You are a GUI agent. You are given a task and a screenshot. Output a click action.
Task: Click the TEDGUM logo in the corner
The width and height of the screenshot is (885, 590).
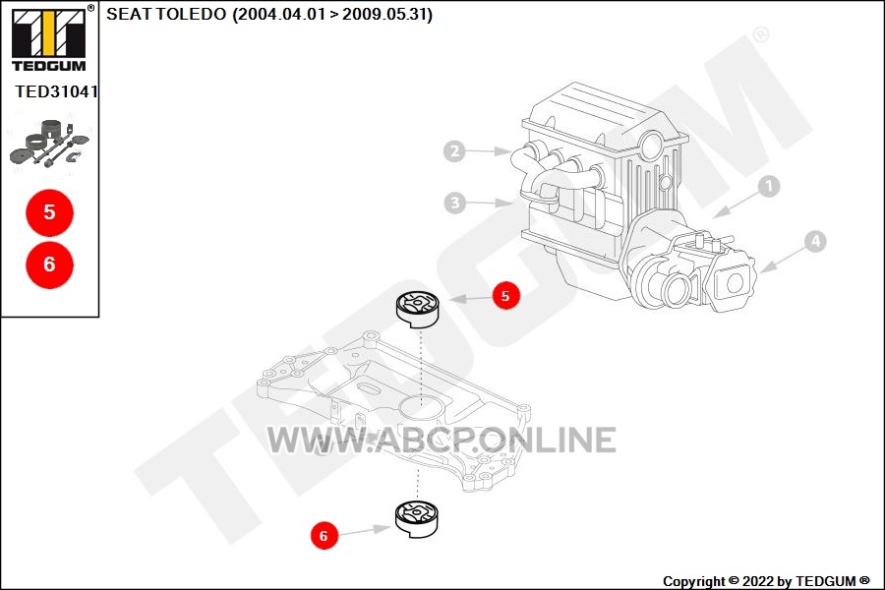pos(49,38)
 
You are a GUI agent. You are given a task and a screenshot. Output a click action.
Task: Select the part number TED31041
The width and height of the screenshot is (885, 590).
pos(56,91)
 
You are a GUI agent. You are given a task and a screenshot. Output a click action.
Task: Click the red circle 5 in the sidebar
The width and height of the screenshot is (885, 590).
pos(50,212)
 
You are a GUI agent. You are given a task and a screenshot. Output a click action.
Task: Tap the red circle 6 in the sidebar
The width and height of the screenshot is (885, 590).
pos(50,265)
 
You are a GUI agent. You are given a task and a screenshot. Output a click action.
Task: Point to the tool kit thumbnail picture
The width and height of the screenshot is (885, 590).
pos(50,144)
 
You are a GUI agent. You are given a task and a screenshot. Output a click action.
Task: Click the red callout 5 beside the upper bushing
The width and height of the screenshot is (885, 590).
pos(505,295)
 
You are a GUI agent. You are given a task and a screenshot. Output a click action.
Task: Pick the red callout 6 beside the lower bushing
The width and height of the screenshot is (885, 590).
pos(324,535)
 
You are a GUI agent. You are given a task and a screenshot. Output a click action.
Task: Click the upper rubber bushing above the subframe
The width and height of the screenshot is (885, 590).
pos(418,310)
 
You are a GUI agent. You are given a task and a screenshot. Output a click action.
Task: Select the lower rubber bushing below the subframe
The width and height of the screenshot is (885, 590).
pos(417,519)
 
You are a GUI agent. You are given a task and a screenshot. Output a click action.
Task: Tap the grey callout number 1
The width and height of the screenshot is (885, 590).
pos(769,186)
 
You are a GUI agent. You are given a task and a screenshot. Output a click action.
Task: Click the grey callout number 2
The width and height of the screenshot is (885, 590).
pos(454,151)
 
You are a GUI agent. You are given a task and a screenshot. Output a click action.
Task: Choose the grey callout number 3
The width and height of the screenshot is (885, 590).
pos(455,203)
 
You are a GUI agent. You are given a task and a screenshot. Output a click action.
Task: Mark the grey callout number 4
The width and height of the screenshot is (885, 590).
pos(815,242)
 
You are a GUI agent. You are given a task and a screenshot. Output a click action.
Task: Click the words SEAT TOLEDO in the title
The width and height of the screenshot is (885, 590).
pos(166,14)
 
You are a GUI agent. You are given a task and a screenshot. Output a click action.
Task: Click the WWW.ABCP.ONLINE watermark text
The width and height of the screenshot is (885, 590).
pos(442,441)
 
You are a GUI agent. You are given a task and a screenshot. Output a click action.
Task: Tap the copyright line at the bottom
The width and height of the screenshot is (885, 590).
pos(766,581)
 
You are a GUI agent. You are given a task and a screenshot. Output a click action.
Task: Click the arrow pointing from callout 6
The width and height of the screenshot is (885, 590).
pos(365,531)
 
